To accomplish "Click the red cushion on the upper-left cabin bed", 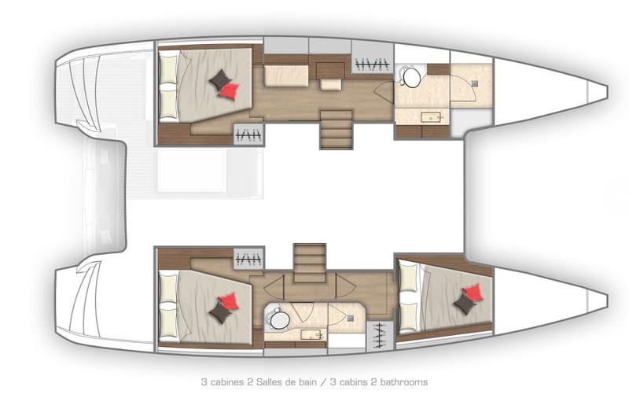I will [229, 90].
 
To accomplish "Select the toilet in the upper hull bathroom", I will [411, 77].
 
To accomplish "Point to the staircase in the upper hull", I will [336, 128].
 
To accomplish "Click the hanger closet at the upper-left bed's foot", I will [248, 135].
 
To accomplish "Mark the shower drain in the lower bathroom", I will [349, 318].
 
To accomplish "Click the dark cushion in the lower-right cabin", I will [465, 305].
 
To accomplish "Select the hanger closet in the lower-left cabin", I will [248, 259].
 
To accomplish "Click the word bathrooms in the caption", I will [404, 382].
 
